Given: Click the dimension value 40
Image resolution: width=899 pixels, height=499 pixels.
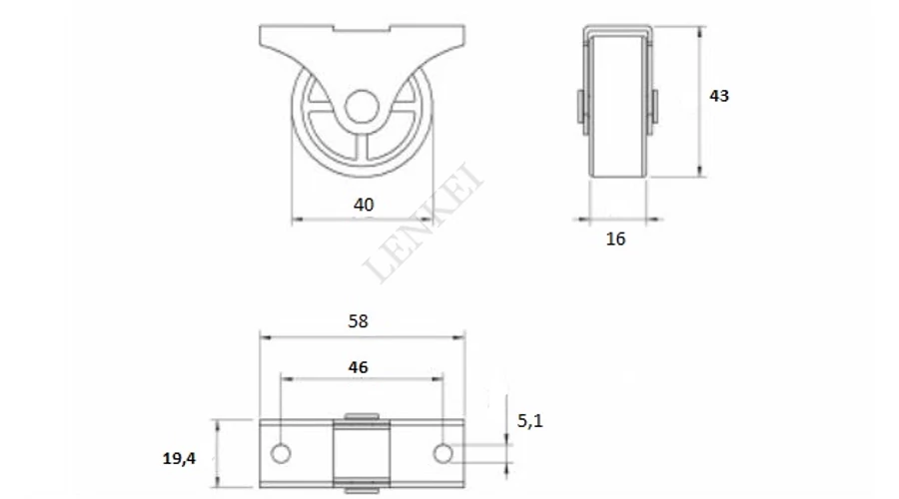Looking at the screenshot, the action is click(x=364, y=206).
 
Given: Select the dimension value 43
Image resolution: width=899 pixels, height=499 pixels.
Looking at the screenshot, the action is click(x=719, y=96).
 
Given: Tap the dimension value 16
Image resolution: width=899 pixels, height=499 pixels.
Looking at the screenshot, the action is click(x=615, y=239).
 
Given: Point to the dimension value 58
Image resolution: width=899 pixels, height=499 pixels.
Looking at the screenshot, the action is click(x=359, y=321).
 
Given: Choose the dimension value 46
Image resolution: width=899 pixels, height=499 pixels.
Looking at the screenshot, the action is click(x=359, y=367).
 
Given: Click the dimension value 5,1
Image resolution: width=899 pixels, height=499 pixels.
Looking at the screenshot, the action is click(x=529, y=421).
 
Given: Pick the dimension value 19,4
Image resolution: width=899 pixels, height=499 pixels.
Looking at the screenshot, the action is click(x=179, y=458).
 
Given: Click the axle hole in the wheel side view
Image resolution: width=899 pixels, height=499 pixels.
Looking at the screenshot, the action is click(x=362, y=107).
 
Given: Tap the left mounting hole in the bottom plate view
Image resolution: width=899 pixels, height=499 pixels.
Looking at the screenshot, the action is click(x=281, y=454).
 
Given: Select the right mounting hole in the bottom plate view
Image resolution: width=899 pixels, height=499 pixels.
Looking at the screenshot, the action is click(x=444, y=454).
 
